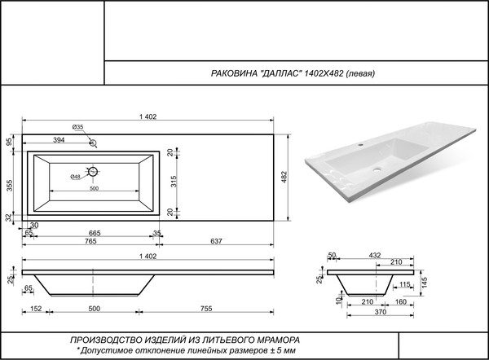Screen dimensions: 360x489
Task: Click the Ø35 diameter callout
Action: [x=78, y=127]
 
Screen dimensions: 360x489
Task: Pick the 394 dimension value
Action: [x=59, y=140]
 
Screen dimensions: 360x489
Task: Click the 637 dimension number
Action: [x=217, y=243]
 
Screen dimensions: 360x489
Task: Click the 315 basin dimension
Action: [x=174, y=181]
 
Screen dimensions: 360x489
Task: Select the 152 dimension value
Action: [x=36, y=310]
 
